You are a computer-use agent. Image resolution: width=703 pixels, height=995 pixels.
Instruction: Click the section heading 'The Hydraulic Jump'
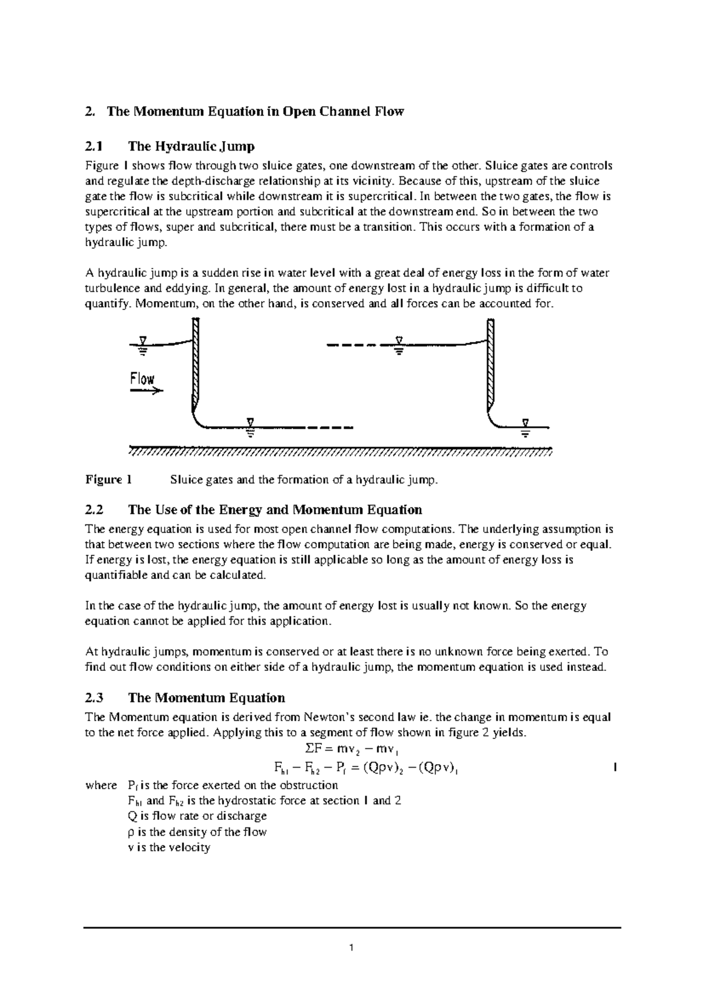click(191, 146)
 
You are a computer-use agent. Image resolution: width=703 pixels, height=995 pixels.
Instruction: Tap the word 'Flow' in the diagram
click(142, 379)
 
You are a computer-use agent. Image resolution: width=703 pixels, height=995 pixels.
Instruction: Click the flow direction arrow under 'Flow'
click(146, 391)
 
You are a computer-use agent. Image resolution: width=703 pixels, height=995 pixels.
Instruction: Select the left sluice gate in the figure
click(196, 363)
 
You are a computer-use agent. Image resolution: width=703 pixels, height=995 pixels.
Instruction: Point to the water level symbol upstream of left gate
click(142, 346)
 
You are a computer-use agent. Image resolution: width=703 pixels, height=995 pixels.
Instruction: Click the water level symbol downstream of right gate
click(525, 428)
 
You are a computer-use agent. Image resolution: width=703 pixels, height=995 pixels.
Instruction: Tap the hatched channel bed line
click(340, 452)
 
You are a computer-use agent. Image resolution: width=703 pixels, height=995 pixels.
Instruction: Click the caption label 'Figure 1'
click(108, 480)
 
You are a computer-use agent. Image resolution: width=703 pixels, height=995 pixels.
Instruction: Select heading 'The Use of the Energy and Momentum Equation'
click(275, 510)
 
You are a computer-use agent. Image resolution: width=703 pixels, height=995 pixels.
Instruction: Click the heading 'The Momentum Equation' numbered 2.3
click(206, 698)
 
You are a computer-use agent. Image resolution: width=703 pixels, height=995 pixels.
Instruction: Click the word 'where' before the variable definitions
click(101, 785)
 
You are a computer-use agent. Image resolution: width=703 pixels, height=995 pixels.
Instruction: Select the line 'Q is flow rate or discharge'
click(197, 816)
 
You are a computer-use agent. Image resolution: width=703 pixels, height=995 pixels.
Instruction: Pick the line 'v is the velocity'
click(169, 847)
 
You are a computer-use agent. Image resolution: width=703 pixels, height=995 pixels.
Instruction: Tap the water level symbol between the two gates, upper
click(398, 346)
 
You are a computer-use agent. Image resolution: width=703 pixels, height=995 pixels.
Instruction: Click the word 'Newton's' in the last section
click(327, 717)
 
